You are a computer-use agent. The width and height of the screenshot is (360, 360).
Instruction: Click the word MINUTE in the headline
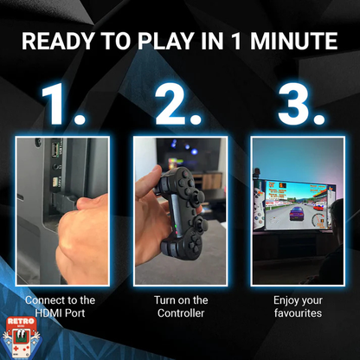pos(293,41)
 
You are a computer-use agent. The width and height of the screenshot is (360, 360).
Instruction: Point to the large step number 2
pos(177,104)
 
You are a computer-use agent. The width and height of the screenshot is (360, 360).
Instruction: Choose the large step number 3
pos(300,104)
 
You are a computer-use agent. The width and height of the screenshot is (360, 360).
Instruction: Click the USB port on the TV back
pos(55,150)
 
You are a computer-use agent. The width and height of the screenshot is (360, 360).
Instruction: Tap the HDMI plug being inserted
pos(63,202)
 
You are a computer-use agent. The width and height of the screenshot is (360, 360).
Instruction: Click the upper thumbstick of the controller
pos(199,196)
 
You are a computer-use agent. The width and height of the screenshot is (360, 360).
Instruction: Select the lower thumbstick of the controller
pos(201,224)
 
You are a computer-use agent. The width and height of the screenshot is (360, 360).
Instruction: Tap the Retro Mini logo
pos(22,337)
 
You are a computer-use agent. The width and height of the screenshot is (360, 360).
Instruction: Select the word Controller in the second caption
pos(181,313)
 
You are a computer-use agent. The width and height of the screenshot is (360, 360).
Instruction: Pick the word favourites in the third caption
pos(298,313)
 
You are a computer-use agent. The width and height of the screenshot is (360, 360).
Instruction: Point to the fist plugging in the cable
pos(82,240)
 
